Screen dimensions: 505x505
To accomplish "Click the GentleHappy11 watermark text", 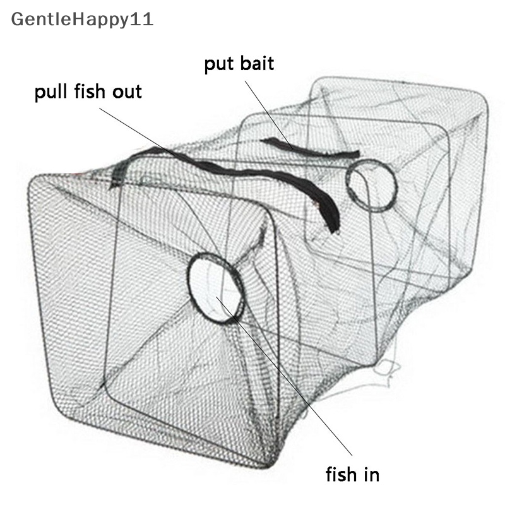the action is pyautogui.click(x=82, y=20).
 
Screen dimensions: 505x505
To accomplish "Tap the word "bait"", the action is pyautogui.click(x=257, y=63).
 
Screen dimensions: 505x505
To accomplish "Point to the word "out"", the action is pyautogui.click(x=127, y=92).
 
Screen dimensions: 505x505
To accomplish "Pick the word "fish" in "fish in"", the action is pyautogui.click(x=342, y=474).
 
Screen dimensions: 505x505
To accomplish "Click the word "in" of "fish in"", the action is pyautogui.click(x=372, y=475).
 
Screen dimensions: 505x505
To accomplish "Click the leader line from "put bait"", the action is pyautogui.click(x=269, y=115).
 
